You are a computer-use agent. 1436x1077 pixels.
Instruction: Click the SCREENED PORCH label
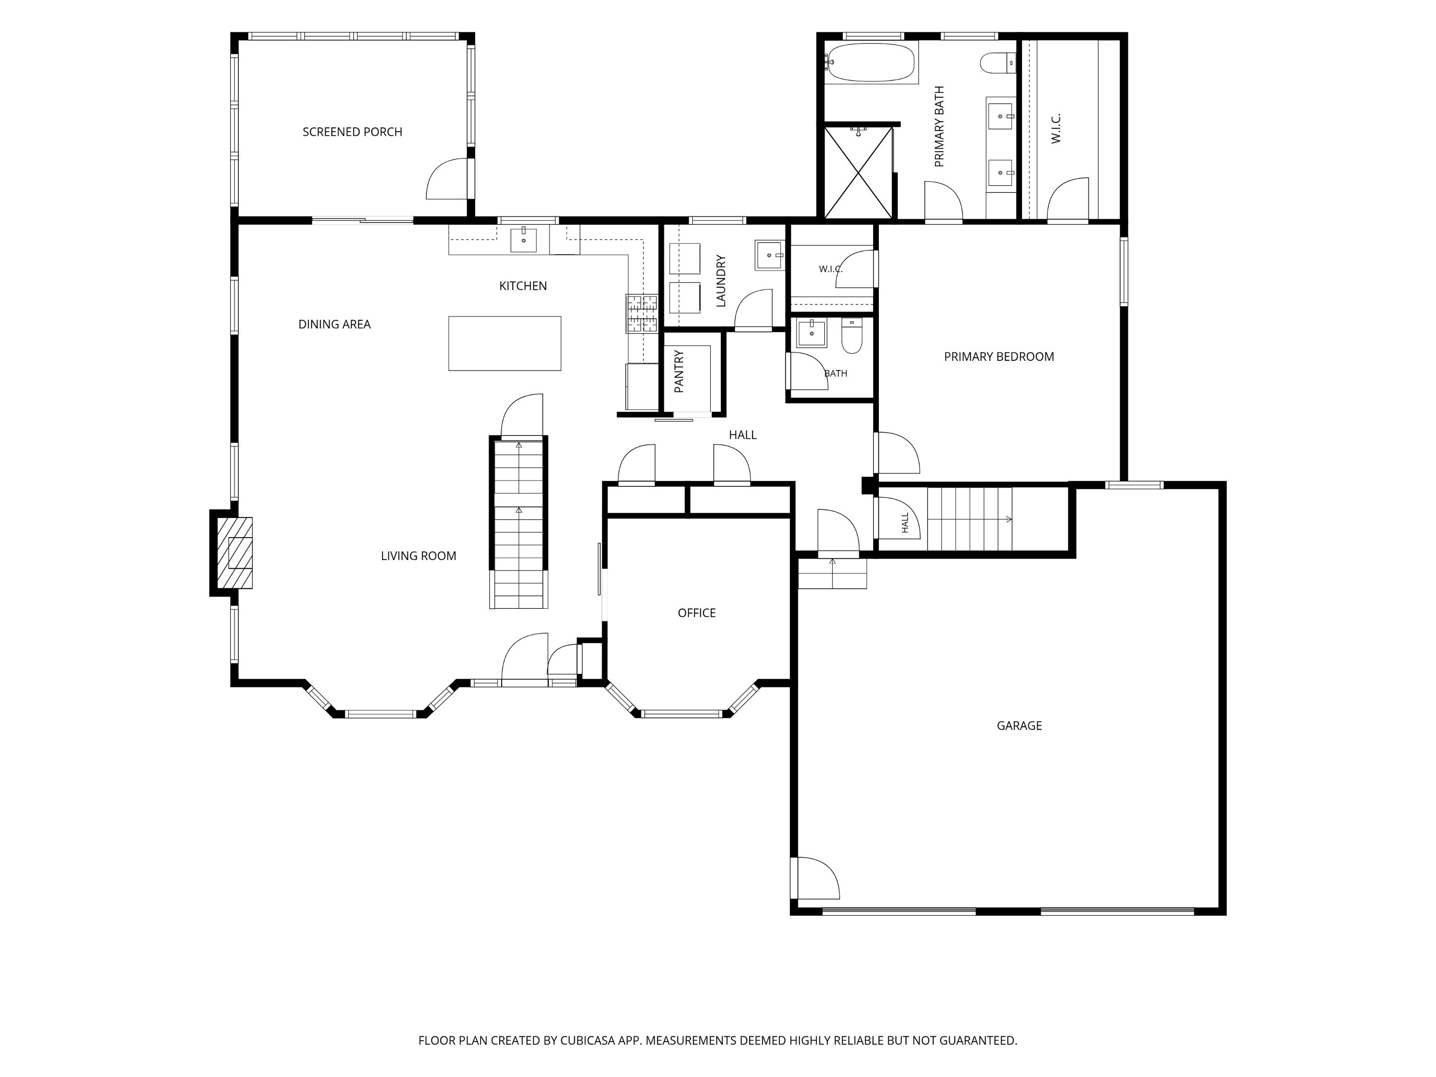[352, 132]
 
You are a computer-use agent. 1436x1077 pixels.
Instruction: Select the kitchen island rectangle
[505, 343]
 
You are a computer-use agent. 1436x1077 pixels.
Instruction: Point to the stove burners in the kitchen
[641, 314]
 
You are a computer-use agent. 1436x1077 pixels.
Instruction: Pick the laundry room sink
[769, 255]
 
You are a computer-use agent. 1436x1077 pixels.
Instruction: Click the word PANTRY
[679, 371]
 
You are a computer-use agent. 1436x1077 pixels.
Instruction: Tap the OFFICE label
[696, 613]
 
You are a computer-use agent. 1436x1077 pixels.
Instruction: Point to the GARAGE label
[1019, 726]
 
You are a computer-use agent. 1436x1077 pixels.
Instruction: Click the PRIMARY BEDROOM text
[999, 357]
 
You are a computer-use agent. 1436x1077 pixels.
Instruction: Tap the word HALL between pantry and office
[743, 435]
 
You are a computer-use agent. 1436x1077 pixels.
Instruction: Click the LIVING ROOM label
[419, 556]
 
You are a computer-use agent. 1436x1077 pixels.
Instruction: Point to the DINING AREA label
[334, 324]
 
